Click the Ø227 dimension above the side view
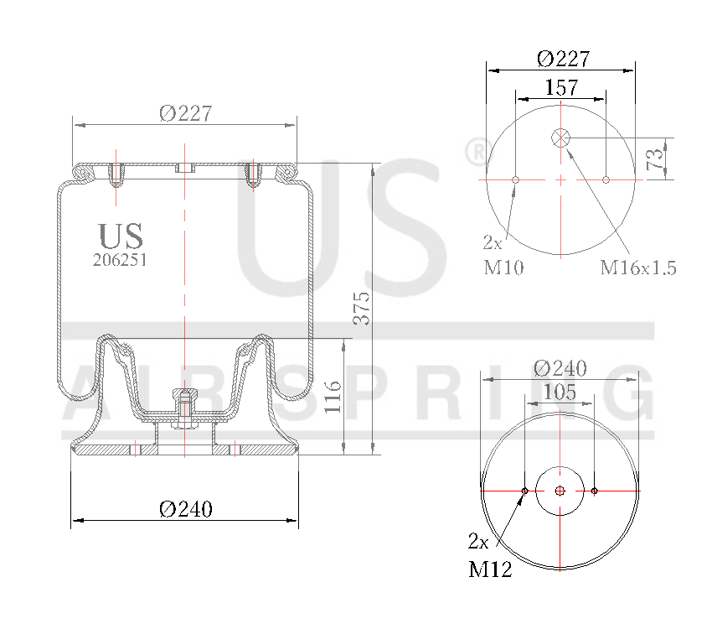coord(185,113)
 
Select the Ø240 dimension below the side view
coord(185,508)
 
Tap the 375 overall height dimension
coord(360,309)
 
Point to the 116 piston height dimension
coord(333,397)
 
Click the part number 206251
coord(120,260)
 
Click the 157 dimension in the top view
coord(560,87)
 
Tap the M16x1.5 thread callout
coord(637,268)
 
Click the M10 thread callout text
coord(503,268)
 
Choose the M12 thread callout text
coord(490,570)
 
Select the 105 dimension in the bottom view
coord(560,391)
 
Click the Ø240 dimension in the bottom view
coord(560,368)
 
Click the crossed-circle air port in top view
coord(560,138)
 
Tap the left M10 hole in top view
coord(515,179)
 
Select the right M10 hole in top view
coord(606,179)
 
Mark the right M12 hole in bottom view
coord(595,491)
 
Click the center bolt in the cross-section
coord(183,408)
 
